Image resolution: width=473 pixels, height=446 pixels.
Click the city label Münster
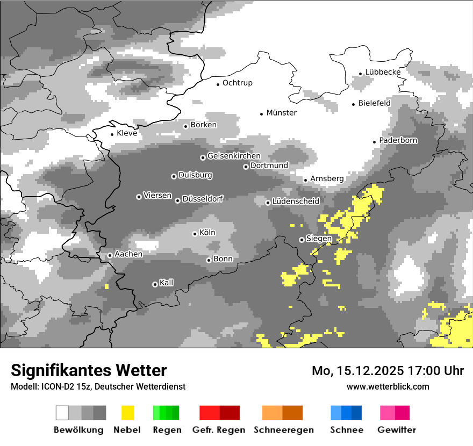[x=282, y=113]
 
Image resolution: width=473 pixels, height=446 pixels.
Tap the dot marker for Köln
[x=195, y=234]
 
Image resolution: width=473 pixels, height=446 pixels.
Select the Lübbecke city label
[x=383, y=72]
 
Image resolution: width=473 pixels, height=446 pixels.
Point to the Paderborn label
[x=398, y=140]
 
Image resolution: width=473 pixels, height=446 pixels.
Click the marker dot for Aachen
[x=110, y=255]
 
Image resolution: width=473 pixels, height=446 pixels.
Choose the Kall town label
[x=167, y=283]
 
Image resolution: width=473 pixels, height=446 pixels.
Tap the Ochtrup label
[x=238, y=83]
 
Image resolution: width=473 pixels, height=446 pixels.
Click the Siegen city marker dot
[x=302, y=240]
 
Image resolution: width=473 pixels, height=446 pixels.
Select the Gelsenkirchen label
[x=234, y=156]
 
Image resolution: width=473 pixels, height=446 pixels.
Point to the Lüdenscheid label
[x=296, y=202]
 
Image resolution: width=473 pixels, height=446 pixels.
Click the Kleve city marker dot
[x=112, y=134]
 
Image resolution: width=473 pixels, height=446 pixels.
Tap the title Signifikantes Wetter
[x=89, y=371]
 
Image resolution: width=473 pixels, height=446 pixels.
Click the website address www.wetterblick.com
[x=388, y=387]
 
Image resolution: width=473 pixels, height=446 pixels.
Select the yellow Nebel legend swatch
[x=127, y=413]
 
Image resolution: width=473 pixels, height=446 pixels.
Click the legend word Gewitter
[x=396, y=430]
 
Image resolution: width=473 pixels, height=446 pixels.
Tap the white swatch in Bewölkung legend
[x=62, y=413]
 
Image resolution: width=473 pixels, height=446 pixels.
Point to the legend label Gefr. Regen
[x=219, y=430]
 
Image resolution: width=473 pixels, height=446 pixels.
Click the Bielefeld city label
[x=374, y=103]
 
